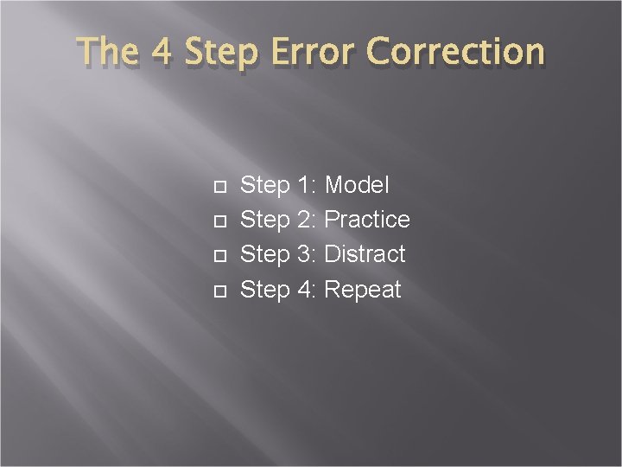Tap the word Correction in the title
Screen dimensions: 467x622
pyautogui.click(x=456, y=52)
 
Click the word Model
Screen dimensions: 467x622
pyautogui.click(x=357, y=185)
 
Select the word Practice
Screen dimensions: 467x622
pyautogui.click(x=367, y=220)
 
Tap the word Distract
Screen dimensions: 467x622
pyautogui.click(x=365, y=254)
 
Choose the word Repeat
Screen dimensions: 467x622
pyautogui.click(x=363, y=290)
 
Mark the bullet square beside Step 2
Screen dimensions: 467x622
pyautogui.click(x=218, y=221)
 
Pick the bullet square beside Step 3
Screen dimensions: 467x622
pyautogui.click(x=218, y=256)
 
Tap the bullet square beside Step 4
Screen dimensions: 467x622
pyautogui.click(x=218, y=291)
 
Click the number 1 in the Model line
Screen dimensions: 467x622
pyautogui.click(x=306, y=185)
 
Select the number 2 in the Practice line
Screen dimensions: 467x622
pyautogui.click(x=306, y=220)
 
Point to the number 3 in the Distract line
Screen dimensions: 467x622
pyautogui.click(x=306, y=254)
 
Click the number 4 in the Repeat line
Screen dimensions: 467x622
pyautogui.click(x=306, y=289)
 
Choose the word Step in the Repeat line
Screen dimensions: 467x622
pyautogui.click(x=264, y=290)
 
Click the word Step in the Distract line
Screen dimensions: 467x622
pyautogui.click(x=264, y=255)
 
